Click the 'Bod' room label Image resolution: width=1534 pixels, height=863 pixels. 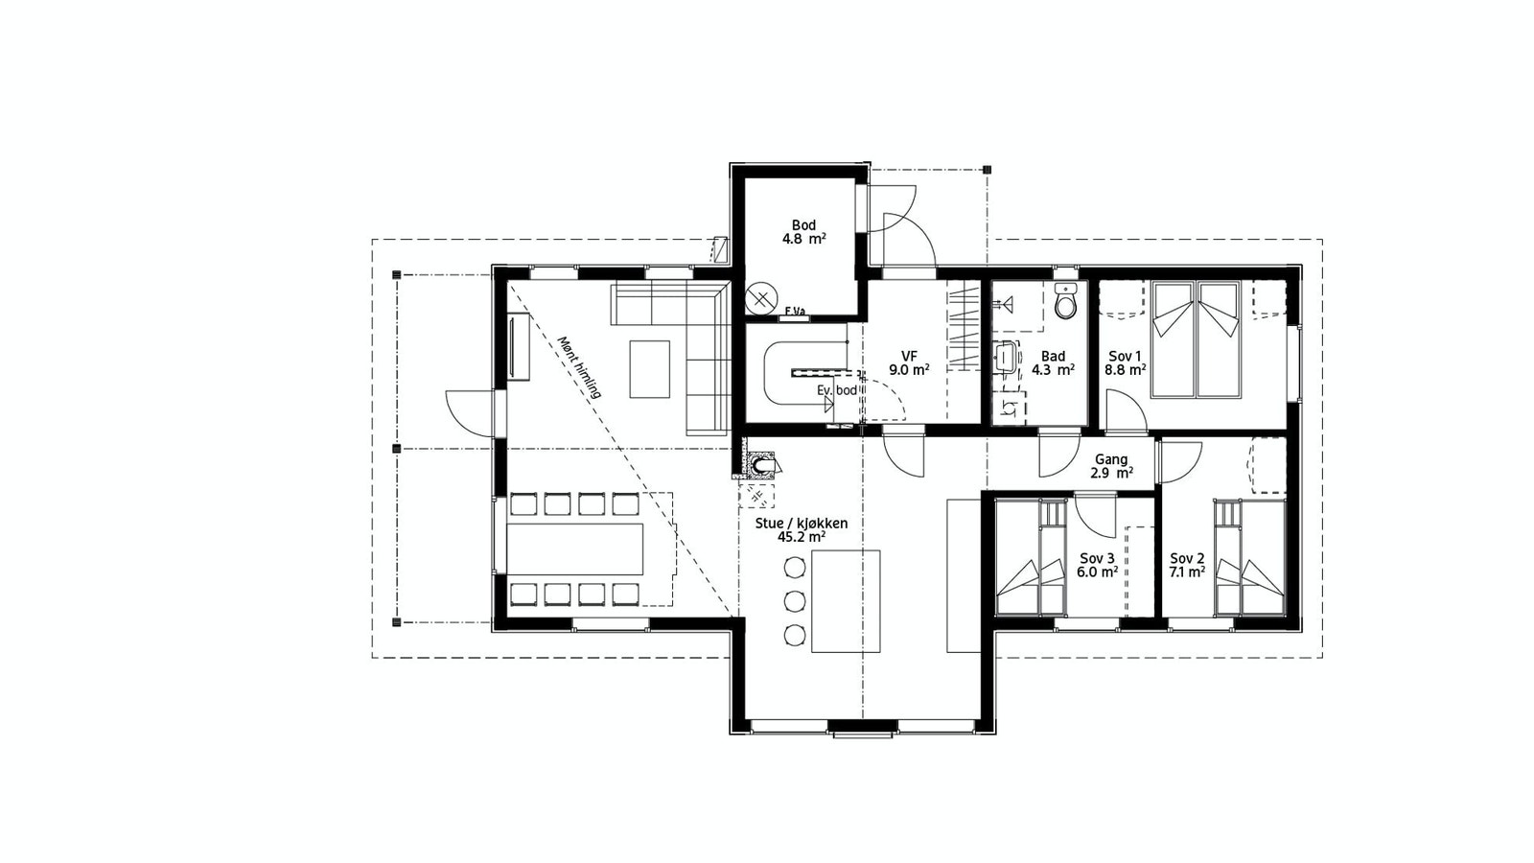pos(804,225)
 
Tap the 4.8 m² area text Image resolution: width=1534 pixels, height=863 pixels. pos(804,239)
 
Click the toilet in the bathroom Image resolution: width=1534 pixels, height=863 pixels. pos(1065,301)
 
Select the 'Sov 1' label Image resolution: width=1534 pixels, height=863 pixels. pos(1126,356)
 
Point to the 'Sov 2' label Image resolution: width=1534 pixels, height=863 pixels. pos(1188,557)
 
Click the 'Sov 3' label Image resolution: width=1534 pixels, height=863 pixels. pos(1097,558)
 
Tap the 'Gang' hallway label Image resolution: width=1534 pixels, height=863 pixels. pos(1111,459)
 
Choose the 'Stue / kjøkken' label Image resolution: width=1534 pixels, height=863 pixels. pos(802,524)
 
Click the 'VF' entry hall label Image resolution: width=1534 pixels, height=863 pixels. pos(909,356)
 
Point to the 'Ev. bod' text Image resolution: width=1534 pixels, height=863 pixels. pos(837,390)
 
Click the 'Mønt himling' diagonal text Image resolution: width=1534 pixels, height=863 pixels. pos(579,367)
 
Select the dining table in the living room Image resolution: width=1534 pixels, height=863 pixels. pos(575,549)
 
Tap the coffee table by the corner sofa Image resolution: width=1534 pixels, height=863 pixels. pos(650,369)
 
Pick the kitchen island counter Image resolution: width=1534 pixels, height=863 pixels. pos(846,601)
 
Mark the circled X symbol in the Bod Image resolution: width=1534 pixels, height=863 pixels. pos(761,298)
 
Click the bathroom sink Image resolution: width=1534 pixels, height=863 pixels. pos(1006,357)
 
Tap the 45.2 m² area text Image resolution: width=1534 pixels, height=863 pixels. pos(802,538)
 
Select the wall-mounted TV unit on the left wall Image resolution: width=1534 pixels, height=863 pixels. pos(519,345)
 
